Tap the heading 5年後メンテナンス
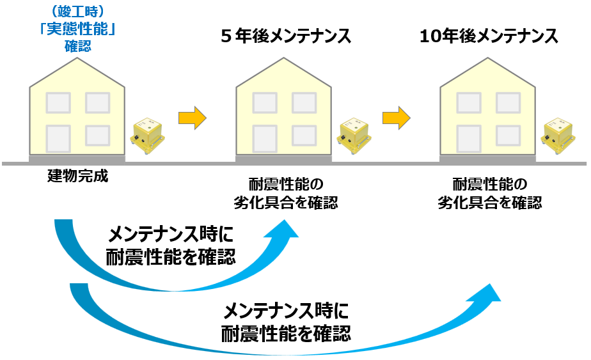285,36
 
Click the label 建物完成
78,176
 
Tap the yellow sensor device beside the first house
146,136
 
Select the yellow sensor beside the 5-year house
354,136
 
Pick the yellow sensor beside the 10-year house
557,136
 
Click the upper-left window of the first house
58,102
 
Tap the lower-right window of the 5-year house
304,135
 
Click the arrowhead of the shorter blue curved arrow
286,228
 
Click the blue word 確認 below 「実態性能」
78,46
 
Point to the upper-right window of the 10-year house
509,102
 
